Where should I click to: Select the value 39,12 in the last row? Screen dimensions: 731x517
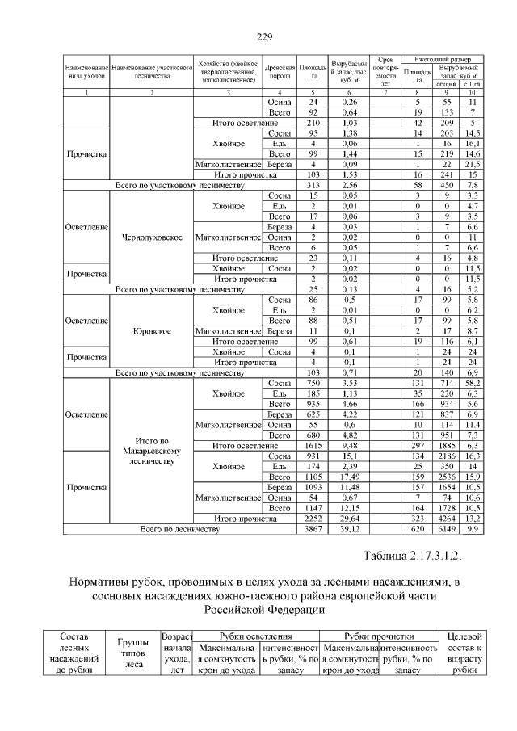point(349,529)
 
